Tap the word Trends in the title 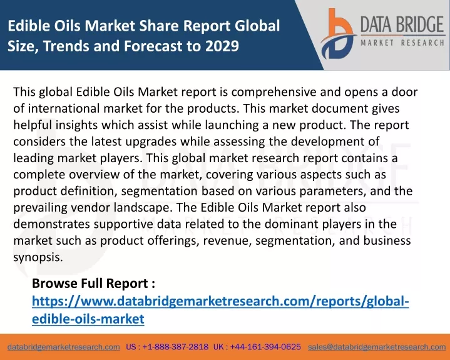point(66,46)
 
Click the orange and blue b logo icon point(338,34)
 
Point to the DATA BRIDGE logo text point(402,24)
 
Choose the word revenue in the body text point(227,241)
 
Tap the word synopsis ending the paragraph point(38,257)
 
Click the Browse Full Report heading point(93,284)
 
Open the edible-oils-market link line point(88,319)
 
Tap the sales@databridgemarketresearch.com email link point(377,347)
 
